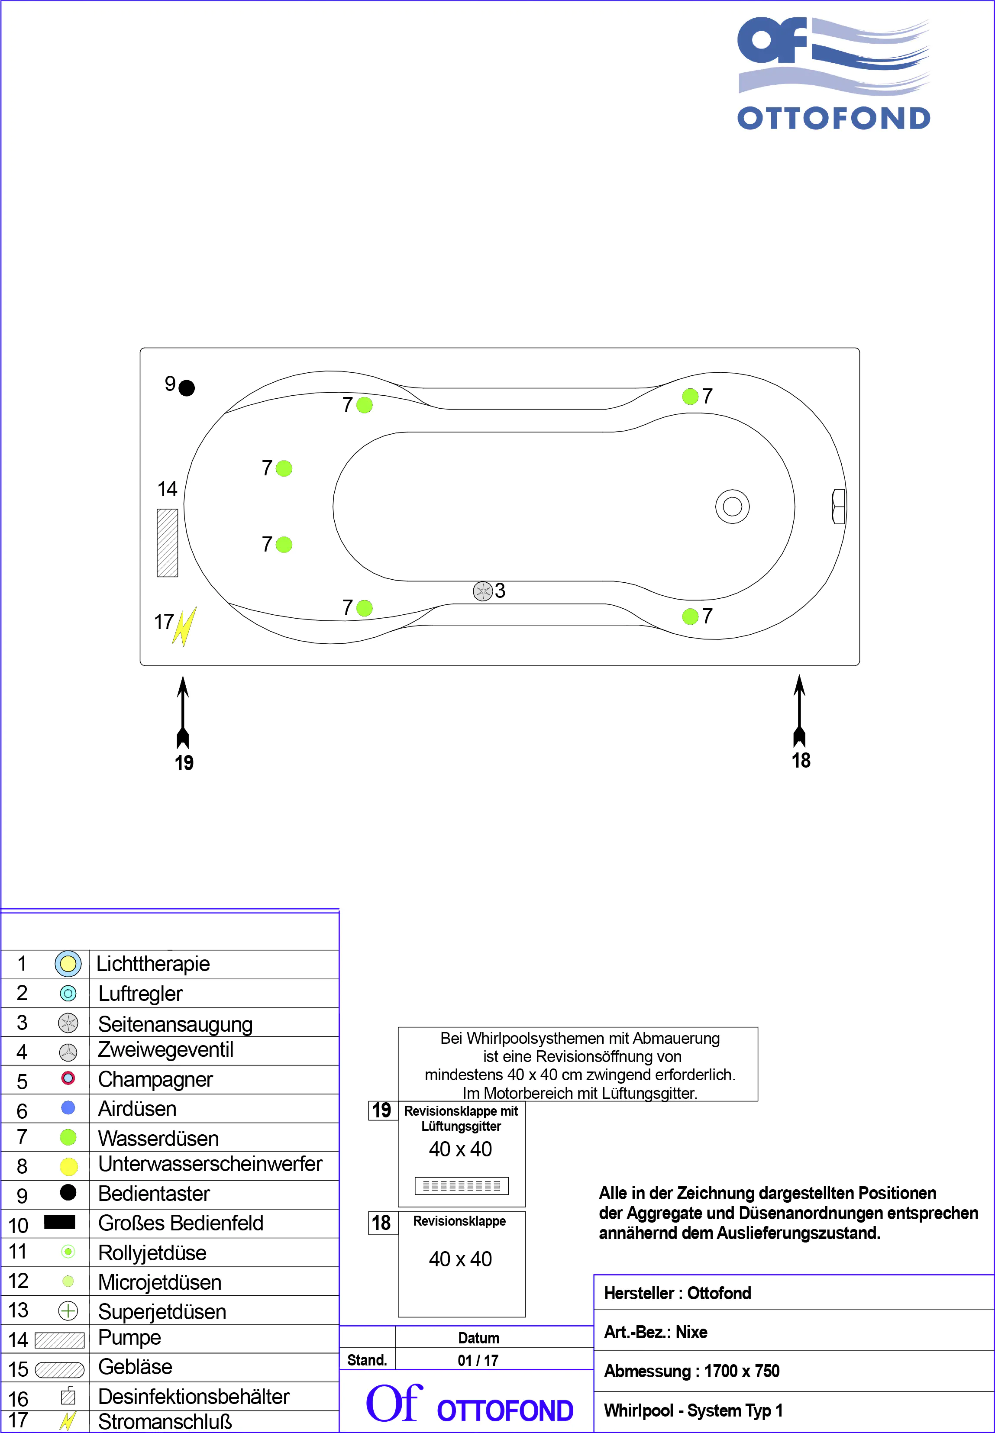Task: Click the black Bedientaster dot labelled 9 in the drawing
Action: click(187, 388)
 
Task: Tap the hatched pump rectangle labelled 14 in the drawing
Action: click(167, 543)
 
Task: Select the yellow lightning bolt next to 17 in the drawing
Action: click(184, 626)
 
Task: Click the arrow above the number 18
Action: click(799, 710)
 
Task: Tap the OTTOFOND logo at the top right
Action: click(833, 74)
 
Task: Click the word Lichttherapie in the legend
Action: click(153, 964)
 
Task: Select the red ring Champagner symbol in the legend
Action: click(68, 1078)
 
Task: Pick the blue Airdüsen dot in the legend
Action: click(68, 1107)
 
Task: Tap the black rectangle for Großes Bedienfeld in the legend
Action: click(60, 1222)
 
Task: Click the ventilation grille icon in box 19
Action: click(461, 1185)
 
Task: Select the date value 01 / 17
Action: click(478, 1360)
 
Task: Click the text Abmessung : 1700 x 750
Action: click(691, 1371)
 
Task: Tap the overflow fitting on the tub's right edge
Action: click(839, 506)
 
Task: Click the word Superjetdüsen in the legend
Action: click(162, 1311)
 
